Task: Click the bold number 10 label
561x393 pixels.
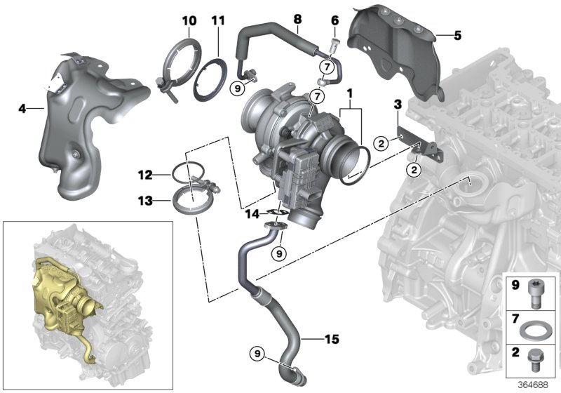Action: pyautogui.click(x=189, y=21)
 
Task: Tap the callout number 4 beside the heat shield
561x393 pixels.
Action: pyautogui.click(x=22, y=109)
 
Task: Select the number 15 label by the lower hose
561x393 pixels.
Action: pyautogui.click(x=331, y=340)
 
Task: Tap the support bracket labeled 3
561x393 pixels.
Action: pyautogui.click(x=420, y=145)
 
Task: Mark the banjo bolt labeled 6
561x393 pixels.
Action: pyautogui.click(x=334, y=46)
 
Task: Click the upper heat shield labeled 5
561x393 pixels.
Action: pyautogui.click(x=400, y=42)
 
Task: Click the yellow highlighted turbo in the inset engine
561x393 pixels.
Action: pyautogui.click(x=60, y=295)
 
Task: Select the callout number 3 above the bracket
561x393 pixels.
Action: pyautogui.click(x=397, y=105)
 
